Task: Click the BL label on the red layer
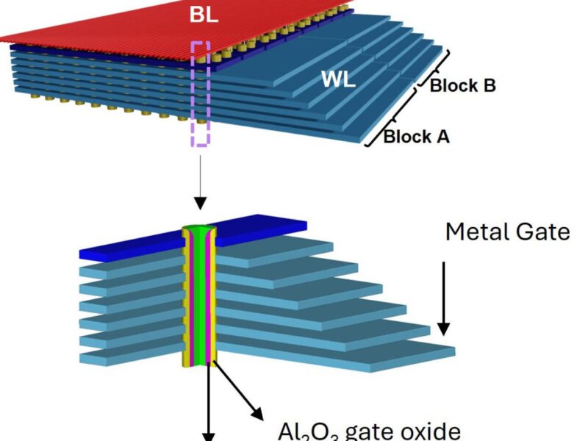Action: (203, 14)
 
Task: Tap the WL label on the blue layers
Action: (338, 79)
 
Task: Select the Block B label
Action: (462, 85)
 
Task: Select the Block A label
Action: (416, 136)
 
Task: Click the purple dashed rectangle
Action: (201, 93)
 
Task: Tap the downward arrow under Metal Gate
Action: (442, 294)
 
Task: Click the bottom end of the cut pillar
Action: (201, 363)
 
